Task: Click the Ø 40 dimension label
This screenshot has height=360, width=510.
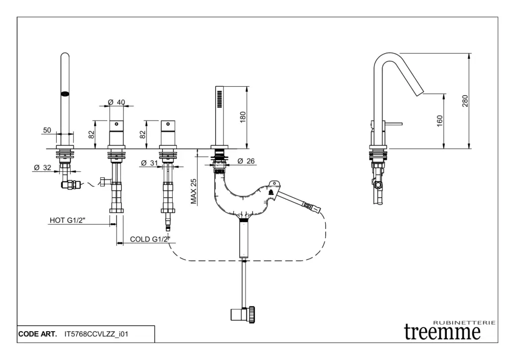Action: pyautogui.click(x=116, y=103)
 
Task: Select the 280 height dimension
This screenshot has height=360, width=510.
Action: pyautogui.click(x=465, y=101)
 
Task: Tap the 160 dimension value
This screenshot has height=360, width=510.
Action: pyautogui.click(x=440, y=121)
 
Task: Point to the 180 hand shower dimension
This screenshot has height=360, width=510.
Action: pyautogui.click(x=243, y=117)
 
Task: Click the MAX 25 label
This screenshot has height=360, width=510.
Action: pyautogui.click(x=194, y=192)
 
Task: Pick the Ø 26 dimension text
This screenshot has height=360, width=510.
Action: pyautogui.click(x=246, y=161)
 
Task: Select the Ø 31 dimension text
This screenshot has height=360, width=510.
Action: pyautogui.click(x=149, y=163)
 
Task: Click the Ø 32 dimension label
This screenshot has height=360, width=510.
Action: pyautogui.click(x=42, y=168)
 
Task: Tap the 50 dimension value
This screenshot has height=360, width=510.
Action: pyautogui.click(x=47, y=130)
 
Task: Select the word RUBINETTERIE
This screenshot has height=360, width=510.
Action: pyautogui.click(x=464, y=323)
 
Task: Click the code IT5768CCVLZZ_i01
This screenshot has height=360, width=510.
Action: pyautogui.click(x=97, y=334)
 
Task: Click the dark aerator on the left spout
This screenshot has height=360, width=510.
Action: pyautogui.click(x=64, y=93)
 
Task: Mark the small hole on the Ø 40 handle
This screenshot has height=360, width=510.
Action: pyautogui.click(x=117, y=123)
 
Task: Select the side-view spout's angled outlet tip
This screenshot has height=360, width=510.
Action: pyautogui.click(x=420, y=92)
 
